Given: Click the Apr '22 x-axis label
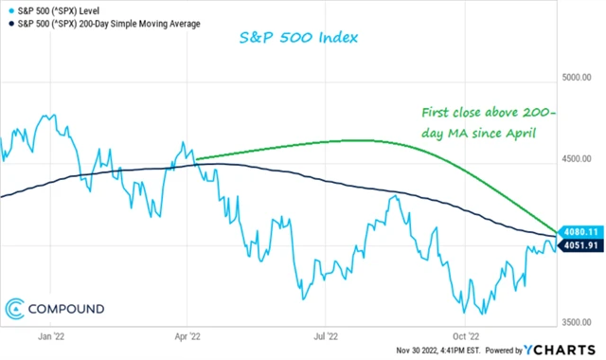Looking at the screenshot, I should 188,334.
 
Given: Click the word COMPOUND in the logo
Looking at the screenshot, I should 69,308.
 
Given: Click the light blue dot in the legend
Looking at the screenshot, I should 8,9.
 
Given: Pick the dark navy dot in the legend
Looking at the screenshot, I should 8,23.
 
